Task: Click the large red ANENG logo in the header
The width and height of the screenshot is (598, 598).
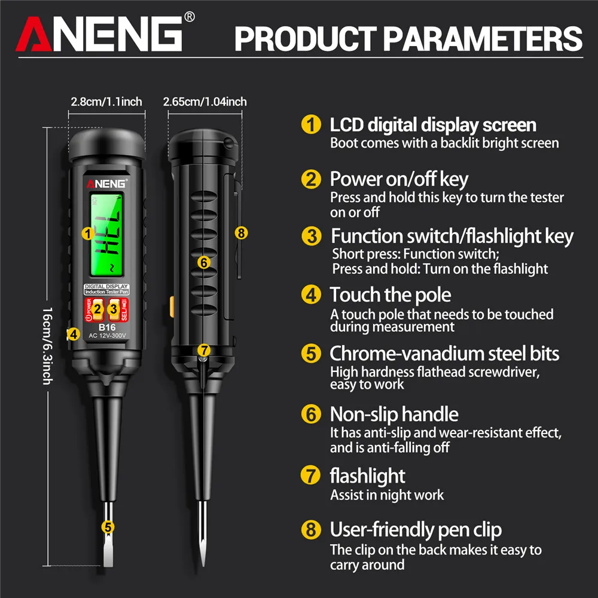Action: pyautogui.click(x=99, y=34)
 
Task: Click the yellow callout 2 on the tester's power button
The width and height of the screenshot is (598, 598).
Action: pyautogui.click(x=98, y=309)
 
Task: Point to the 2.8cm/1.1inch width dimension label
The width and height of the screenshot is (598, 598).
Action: pyautogui.click(x=106, y=101)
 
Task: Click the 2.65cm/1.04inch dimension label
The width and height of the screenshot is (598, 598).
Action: pyautogui.click(x=205, y=101)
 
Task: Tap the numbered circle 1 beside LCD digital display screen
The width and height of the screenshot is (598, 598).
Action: pyautogui.click(x=310, y=125)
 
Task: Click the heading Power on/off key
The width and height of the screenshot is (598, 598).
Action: pyautogui.click(x=399, y=179)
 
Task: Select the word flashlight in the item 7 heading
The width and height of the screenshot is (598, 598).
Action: pyautogui.click(x=367, y=476)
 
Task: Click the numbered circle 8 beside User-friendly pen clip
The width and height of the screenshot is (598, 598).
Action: pyautogui.click(x=310, y=530)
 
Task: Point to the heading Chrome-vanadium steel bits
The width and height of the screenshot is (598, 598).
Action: pyautogui.click(x=444, y=353)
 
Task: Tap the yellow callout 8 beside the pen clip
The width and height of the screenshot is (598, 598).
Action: pyautogui.click(x=241, y=233)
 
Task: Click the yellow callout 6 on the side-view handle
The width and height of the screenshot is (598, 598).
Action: pyautogui.click(x=203, y=262)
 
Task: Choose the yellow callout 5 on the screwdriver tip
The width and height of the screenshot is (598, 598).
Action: pyautogui.click(x=108, y=527)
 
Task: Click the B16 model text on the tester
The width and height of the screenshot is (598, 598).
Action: pyautogui.click(x=107, y=328)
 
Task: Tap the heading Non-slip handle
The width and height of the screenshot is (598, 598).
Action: pyautogui.click(x=394, y=414)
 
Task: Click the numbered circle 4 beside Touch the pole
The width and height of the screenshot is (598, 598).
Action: pyautogui.click(x=310, y=295)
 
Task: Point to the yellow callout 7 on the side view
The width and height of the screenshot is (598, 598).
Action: pyautogui.click(x=203, y=349)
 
